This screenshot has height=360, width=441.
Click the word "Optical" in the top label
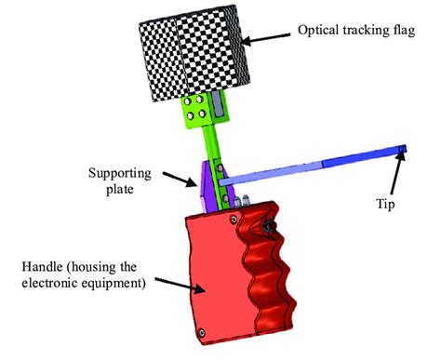319,30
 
